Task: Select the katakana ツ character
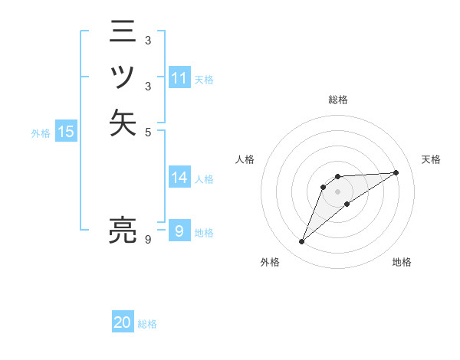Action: pos(123,77)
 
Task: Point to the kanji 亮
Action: pos(123,230)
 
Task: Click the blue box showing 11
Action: pos(179,78)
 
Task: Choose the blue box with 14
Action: pos(179,178)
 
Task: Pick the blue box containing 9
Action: pos(179,231)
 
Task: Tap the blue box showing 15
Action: pos(66,133)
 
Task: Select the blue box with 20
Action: pos(123,323)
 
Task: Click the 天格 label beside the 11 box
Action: pos(204,79)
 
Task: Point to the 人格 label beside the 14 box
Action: pos(204,179)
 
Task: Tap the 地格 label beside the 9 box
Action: pos(204,233)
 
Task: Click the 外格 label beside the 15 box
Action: pos(41,133)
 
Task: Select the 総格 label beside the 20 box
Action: pos(147,324)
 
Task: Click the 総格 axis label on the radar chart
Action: pos(338,100)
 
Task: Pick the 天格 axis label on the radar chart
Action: pos(431,159)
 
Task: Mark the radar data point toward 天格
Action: pos(396,172)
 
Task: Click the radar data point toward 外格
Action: pos(302,242)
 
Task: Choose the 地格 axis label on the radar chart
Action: pos(402,262)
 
